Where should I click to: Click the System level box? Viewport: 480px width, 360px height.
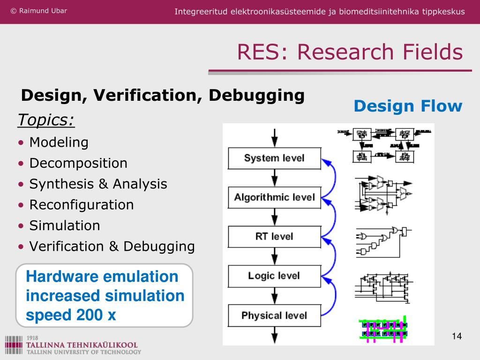tap(274, 158)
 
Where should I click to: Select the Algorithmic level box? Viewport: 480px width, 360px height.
tap(274, 197)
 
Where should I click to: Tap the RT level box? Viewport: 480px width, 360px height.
tap(274, 236)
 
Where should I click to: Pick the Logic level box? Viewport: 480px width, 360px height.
tap(274, 276)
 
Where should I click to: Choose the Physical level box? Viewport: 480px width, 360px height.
tap(274, 315)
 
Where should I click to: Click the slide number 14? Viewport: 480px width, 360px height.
tap(457, 336)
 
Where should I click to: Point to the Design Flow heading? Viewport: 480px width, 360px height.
tap(408, 106)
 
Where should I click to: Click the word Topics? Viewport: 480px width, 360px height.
tap(46, 120)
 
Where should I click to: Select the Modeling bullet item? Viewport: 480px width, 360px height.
tap(59, 142)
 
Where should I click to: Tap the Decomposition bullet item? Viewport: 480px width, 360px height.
tap(78, 163)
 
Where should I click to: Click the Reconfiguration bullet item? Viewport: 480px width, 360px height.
tap(82, 205)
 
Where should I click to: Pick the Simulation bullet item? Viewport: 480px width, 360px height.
tap(65, 225)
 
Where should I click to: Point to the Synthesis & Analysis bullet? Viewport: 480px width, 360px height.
tap(98, 184)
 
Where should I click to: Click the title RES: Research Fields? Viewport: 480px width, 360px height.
tap(350, 52)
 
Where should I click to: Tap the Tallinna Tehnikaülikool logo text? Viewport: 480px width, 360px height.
tap(82, 345)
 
